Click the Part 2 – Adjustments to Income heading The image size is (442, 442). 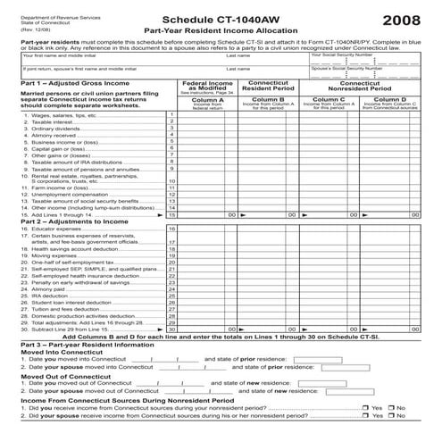(x=67, y=221)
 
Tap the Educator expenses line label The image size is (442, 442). (x=47, y=229)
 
